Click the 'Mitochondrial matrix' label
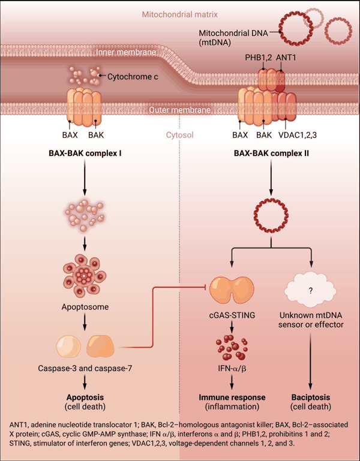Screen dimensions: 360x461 (179, 14)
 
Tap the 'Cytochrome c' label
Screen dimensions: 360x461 (133, 77)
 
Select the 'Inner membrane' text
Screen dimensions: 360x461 (126, 52)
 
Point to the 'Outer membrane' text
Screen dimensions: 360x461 (179, 110)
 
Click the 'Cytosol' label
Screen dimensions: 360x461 (179, 135)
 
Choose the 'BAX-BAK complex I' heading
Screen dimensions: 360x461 (85, 153)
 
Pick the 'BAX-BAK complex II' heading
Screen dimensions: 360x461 (271, 153)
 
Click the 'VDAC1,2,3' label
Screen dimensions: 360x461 (298, 135)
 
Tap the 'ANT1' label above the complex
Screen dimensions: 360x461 (286, 58)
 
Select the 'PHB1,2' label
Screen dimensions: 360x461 (258, 58)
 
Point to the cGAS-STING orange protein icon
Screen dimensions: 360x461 (232, 290)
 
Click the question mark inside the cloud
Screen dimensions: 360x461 (311, 291)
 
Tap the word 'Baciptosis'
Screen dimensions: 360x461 (311, 397)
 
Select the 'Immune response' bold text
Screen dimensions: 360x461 (232, 397)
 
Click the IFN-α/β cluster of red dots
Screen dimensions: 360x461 (232, 348)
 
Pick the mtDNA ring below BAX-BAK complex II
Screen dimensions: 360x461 (271, 215)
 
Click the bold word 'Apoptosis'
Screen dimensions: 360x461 (85, 397)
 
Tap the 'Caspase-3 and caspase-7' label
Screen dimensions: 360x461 (85, 368)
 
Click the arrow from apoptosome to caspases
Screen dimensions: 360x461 (85, 323)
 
